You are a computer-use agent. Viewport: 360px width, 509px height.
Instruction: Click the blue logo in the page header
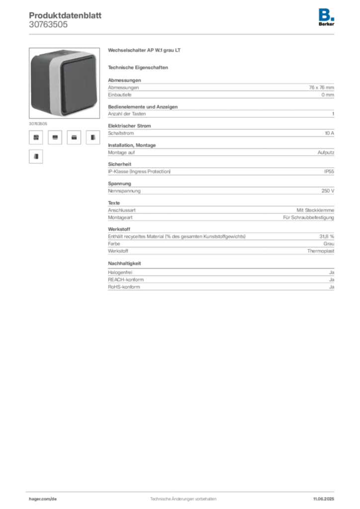click(x=327, y=14)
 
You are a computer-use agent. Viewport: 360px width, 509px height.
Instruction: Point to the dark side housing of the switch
click(x=42, y=82)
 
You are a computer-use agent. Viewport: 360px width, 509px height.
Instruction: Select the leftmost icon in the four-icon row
click(x=35, y=137)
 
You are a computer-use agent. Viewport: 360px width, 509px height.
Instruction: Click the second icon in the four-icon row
click(x=55, y=137)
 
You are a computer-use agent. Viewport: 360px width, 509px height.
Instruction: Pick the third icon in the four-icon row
click(x=74, y=137)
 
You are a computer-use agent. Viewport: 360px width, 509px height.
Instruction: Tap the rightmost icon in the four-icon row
click(x=92, y=137)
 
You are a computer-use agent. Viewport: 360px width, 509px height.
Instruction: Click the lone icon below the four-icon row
click(x=35, y=157)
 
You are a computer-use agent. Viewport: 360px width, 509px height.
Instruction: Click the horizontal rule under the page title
click(x=182, y=34)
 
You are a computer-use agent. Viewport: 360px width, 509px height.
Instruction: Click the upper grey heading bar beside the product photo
click(x=145, y=52)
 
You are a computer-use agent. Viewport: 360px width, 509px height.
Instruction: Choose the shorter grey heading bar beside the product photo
click(x=139, y=68)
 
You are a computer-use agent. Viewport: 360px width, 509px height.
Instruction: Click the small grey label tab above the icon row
click(x=38, y=122)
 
